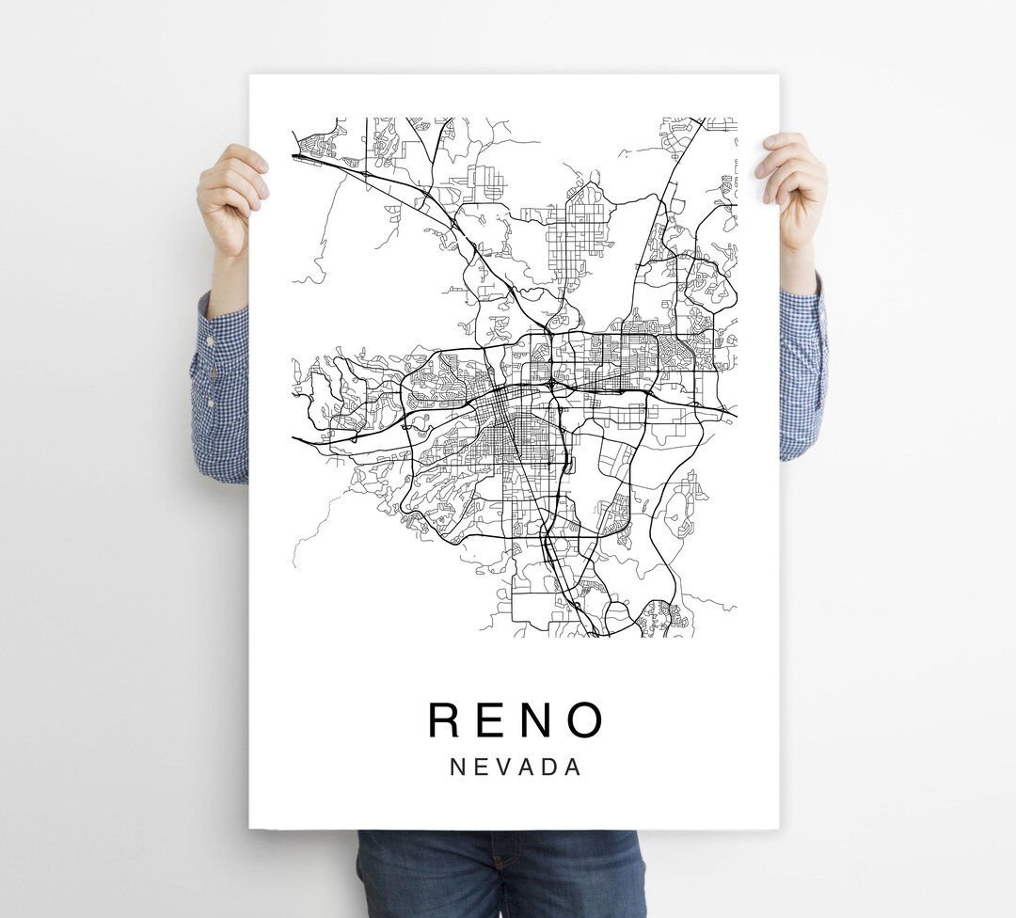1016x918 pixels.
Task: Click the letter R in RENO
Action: point(445,720)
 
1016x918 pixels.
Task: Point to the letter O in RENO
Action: point(585,720)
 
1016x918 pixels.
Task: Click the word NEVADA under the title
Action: point(516,767)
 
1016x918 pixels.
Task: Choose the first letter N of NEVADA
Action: point(457,767)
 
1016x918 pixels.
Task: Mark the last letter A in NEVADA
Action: point(572,767)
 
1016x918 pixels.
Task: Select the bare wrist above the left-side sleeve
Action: point(229,282)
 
